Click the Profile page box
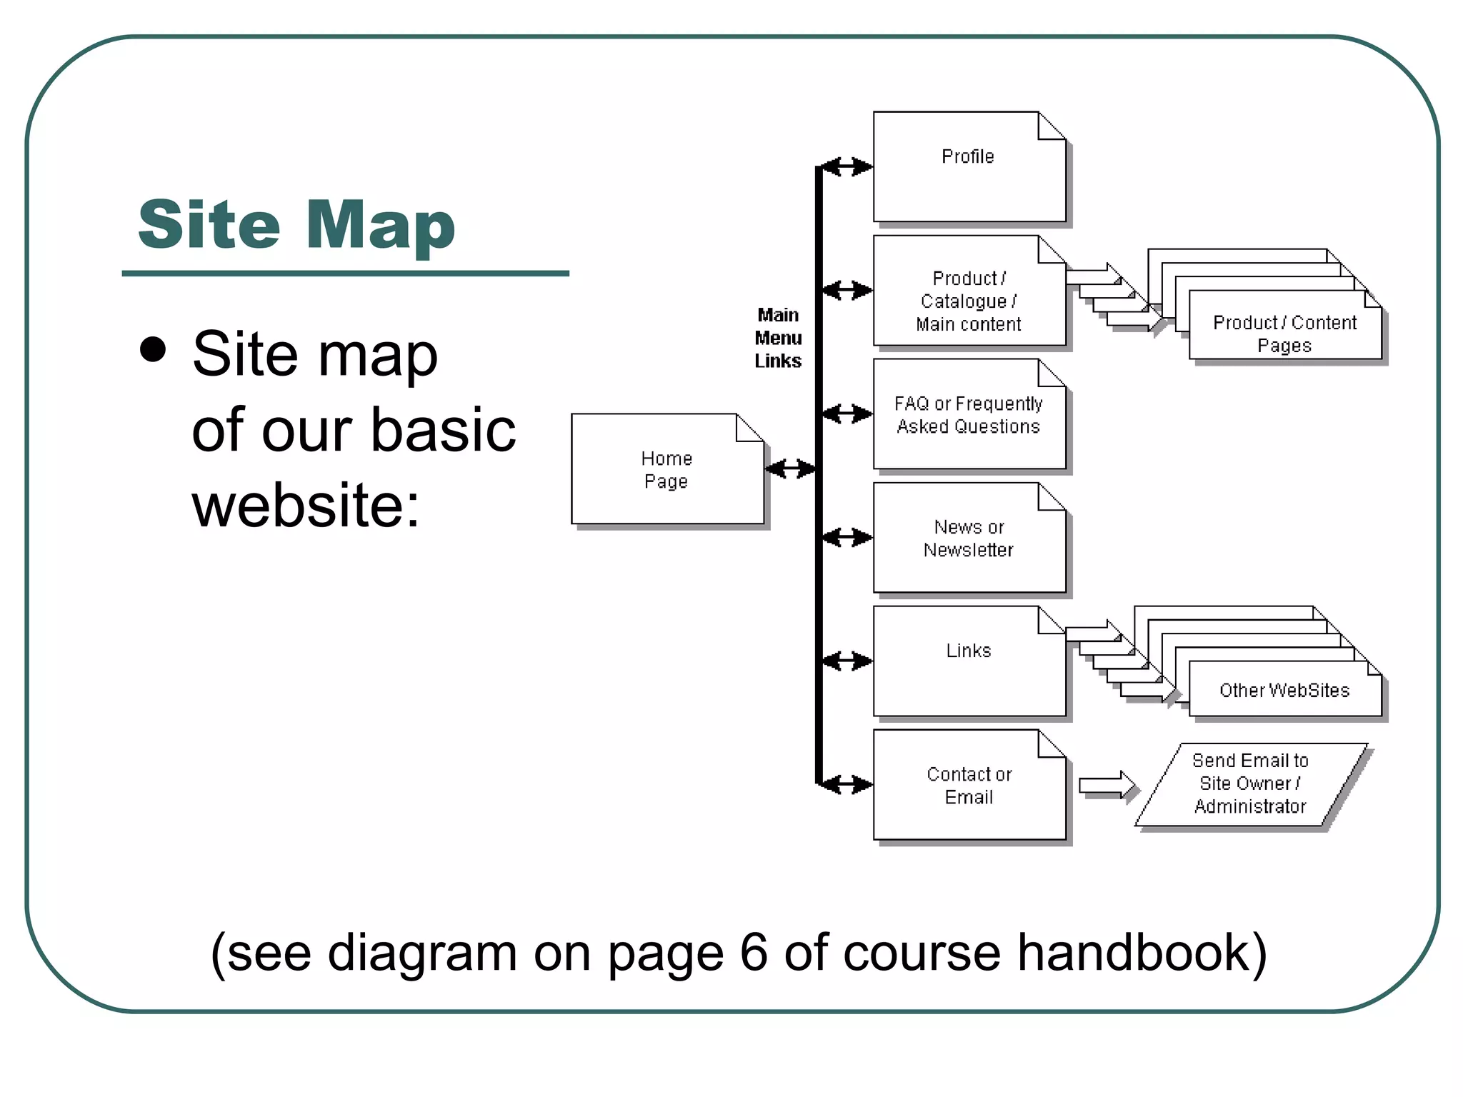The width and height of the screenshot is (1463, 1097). click(x=969, y=166)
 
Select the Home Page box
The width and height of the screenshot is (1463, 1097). click(x=667, y=469)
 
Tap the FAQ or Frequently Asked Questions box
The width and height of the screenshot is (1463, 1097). click(x=969, y=414)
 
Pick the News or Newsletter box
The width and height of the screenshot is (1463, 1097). click(x=969, y=538)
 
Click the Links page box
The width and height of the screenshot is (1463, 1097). click(x=969, y=661)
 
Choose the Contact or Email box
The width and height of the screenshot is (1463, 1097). click(x=969, y=785)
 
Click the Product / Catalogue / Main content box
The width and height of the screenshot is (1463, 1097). click(x=969, y=291)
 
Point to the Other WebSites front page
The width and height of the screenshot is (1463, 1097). click(x=1284, y=690)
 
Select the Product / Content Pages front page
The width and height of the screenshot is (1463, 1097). click(x=1284, y=334)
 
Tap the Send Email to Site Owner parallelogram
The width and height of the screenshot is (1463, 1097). click(x=1250, y=784)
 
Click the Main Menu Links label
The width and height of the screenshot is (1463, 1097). click(x=778, y=338)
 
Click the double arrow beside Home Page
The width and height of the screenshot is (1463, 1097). click(x=789, y=469)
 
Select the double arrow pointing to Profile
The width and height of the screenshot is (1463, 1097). click(x=847, y=167)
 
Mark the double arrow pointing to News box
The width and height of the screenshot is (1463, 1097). click(x=847, y=538)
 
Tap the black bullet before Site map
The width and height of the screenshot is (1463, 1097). click(x=153, y=350)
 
